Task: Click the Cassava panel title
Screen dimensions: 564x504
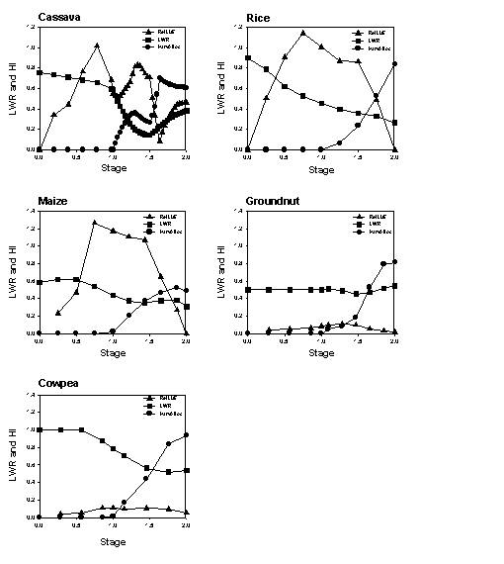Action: [x=58, y=17]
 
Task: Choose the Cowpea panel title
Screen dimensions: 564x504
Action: [x=58, y=385]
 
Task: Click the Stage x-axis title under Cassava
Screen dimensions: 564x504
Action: [x=113, y=168]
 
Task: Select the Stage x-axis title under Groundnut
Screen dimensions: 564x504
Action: [x=320, y=352]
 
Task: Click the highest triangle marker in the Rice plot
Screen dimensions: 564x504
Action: [x=303, y=33]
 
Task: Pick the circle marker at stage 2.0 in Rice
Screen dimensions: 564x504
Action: [x=395, y=64]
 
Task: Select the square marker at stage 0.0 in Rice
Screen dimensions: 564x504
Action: [x=247, y=57]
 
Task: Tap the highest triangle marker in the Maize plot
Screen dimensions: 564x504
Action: [x=95, y=222]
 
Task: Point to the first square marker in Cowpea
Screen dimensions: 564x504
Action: [x=39, y=429]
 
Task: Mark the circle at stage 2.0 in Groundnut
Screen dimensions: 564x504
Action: [x=395, y=262]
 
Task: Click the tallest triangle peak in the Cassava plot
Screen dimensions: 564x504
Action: [x=97, y=46]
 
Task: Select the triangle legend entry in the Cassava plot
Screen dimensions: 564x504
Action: [x=161, y=32]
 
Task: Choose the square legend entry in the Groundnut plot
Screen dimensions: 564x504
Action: [x=369, y=224]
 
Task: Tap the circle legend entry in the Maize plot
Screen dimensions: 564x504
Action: [x=161, y=231]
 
